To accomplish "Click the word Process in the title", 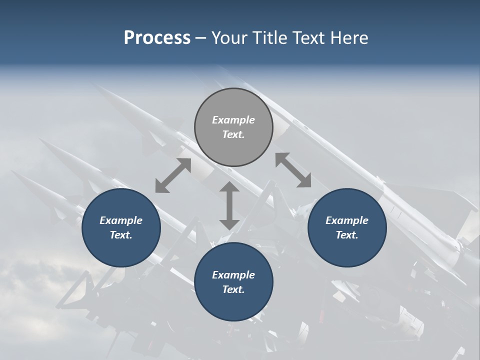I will (157, 38).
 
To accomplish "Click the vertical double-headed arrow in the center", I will (229, 205).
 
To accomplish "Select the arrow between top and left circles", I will (173, 175).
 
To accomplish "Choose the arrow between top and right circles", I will (293, 170).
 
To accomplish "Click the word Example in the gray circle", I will (233, 120).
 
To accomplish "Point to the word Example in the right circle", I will (347, 220).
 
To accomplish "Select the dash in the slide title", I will (200, 38).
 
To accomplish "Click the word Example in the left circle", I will (121, 220).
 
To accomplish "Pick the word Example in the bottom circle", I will (233, 275).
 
